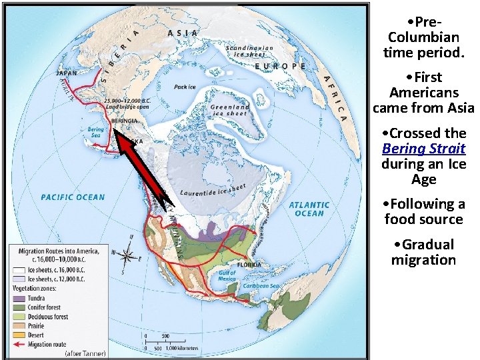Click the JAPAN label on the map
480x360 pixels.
pyautogui.click(x=66, y=73)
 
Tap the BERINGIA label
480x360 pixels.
pyautogui.click(x=124, y=121)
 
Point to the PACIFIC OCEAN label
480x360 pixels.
pyautogui.click(x=73, y=197)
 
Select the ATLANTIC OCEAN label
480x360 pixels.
pyautogui.click(x=309, y=209)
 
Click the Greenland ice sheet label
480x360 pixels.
pyautogui.click(x=230, y=110)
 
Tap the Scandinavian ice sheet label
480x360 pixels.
pyautogui.click(x=249, y=51)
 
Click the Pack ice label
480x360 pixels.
pyautogui.click(x=185, y=87)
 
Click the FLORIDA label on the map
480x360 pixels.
pyautogui.click(x=249, y=265)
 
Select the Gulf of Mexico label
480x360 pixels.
pyautogui.click(x=228, y=275)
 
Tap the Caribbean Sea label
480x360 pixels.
pyautogui.click(x=260, y=286)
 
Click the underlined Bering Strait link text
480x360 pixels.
pyautogui.click(x=423, y=149)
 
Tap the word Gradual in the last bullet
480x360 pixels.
pyautogui.click(x=424, y=245)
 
